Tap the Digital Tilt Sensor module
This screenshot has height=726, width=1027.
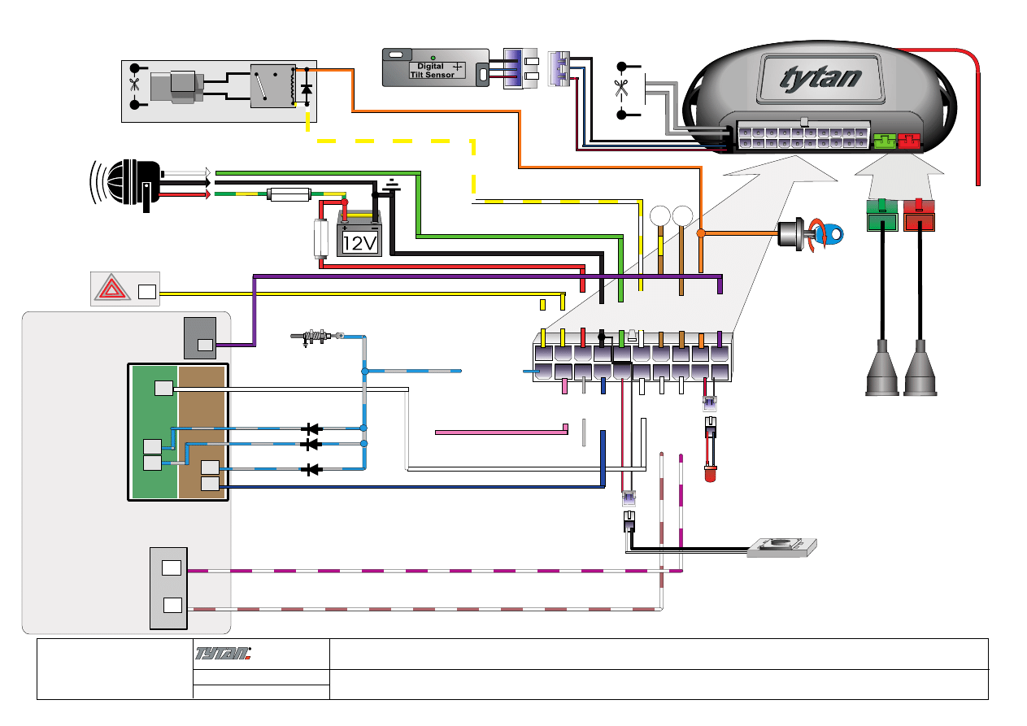coord(435,68)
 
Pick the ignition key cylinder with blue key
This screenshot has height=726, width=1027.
coord(813,233)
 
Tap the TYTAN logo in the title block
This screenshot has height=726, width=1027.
coord(224,653)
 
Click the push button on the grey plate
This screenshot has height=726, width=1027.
coord(782,547)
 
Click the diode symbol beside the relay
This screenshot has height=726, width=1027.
coord(307,89)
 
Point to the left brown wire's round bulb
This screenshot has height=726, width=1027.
coord(659,216)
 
